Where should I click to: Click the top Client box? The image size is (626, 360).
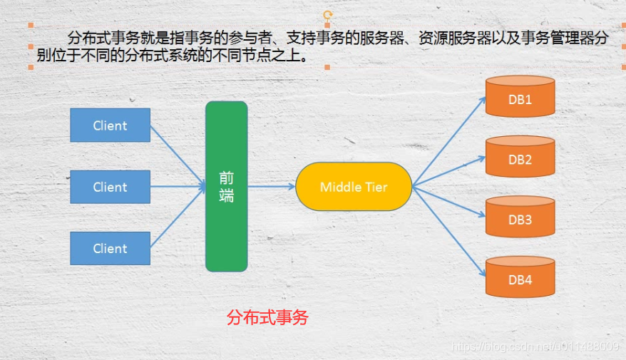coord(110,125)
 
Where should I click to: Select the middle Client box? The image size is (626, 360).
coord(110,187)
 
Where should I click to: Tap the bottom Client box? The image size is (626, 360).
coord(110,248)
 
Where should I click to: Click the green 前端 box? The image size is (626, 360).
coord(227,187)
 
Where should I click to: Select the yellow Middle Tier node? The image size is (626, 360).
coord(354,187)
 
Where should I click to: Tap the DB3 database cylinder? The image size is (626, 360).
coord(520,217)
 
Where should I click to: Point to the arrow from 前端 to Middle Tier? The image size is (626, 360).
coord(271,187)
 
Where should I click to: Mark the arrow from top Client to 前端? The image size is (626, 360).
coord(178,156)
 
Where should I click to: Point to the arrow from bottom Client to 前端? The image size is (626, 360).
coord(178,218)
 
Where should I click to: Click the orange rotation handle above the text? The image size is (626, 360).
coord(327,15)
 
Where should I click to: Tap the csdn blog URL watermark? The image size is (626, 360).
coord(535,346)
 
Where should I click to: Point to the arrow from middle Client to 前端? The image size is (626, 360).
coord(178,187)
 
